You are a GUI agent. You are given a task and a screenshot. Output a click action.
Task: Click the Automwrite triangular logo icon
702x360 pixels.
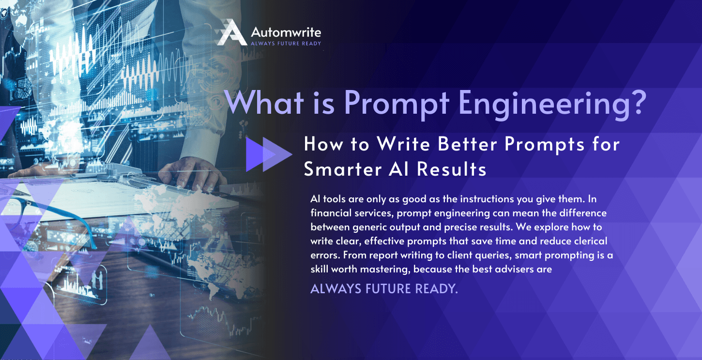(x=231, y=33)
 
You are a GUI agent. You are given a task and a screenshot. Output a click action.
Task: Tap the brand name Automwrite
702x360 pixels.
(x=286, y=32)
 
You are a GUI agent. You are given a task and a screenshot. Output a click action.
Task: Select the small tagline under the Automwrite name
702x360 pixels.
(x=286, y=43)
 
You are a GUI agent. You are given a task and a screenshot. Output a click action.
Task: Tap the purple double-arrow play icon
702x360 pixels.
(x=268, y=154)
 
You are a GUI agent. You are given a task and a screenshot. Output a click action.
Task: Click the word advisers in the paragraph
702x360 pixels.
(x=508, y=269)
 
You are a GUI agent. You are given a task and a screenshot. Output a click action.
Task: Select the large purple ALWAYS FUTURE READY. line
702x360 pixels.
(x=383, y=289)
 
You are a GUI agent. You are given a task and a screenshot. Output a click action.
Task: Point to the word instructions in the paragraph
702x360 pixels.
(x=488, y=199)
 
